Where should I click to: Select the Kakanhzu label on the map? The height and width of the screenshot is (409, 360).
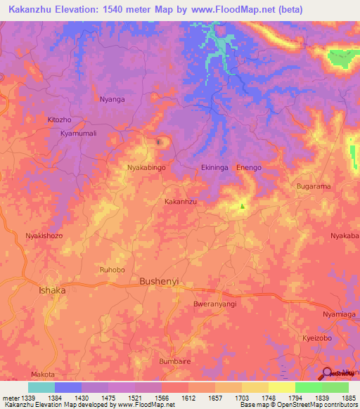click(x=180, y=201)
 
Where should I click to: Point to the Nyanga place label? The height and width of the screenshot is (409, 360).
click(x=112, y=99)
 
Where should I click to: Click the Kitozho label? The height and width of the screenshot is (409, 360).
click(x=59, y=120)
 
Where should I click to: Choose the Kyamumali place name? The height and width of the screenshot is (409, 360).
click(x=77, y=133)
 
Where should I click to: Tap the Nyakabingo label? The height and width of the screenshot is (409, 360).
click(x=146, y=168)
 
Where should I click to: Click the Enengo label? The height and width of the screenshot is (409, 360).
click(x=249, y=168)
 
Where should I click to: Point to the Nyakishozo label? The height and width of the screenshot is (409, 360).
click(x=44, y=236)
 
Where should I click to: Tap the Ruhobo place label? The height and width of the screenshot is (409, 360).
click(x=113, y=268)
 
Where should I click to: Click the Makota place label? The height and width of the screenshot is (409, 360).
click(x=43, y=375)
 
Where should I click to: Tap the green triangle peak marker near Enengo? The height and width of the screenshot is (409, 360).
click(x=243, y=206)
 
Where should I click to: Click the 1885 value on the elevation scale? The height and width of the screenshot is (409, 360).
click(x=347, y=398)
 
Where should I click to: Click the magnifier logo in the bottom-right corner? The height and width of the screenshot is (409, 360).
click(x=328, y=373)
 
